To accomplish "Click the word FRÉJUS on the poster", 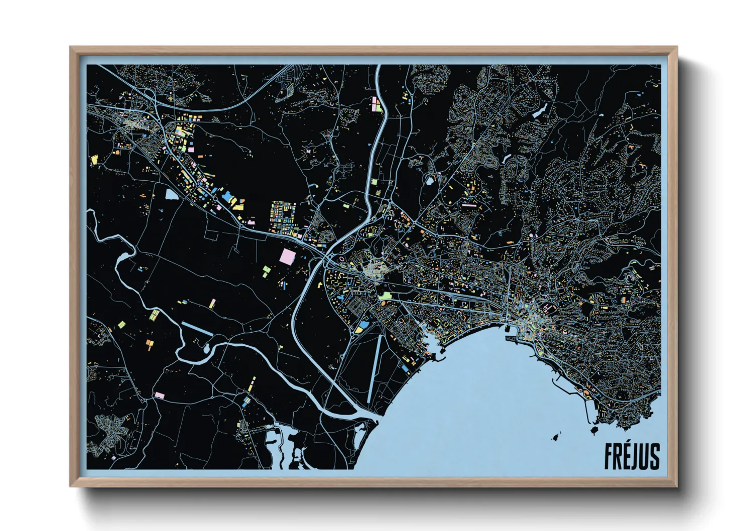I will click(x=632, y=456).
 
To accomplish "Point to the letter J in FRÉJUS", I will click(x=636, y=456).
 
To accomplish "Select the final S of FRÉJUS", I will click(x=655, y=456).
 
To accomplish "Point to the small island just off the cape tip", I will click(x=595, y=431).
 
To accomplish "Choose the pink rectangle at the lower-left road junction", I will click(x=160, y=395).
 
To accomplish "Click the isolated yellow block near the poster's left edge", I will click(x=94, y=160).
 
